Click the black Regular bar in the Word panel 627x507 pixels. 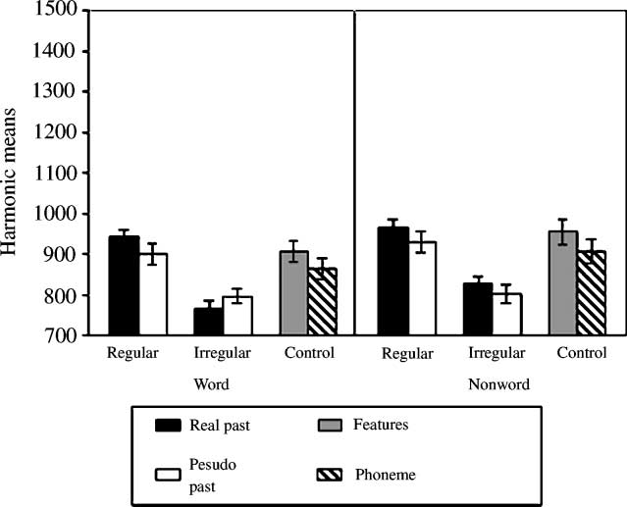click(124, 286)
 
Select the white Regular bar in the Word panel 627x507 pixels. click(153, 294)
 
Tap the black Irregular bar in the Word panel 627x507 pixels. click(208, 322)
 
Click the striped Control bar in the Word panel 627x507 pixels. click(323, 302)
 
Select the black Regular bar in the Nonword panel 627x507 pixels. click(393, 281)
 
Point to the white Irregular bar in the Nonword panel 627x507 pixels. click(507, 315)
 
